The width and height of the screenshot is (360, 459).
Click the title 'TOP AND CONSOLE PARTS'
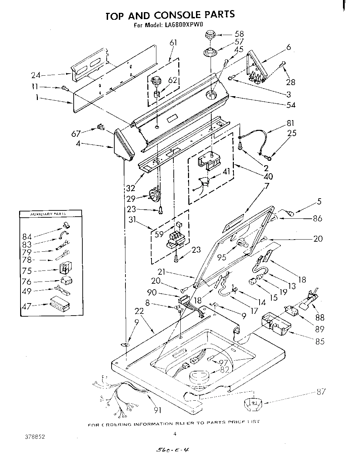[x=170, y=15]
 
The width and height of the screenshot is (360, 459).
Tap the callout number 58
[x=239, y=34]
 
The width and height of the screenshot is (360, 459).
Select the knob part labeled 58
[x=210, y=35]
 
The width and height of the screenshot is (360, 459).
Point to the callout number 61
[x=173, y=43]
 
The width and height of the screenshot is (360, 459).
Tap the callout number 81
[x=291, y=123]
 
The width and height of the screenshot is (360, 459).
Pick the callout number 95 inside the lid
[x=221, y=257]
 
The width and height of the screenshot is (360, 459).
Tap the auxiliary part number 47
[x=27, y=306]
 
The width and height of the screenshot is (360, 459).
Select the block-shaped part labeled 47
[x=59, y=303]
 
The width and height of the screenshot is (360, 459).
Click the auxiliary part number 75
[x=27, y=271]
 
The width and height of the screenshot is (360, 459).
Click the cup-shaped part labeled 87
[x=253, y=404]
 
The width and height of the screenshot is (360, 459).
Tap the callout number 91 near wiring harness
[x=158, y=410]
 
